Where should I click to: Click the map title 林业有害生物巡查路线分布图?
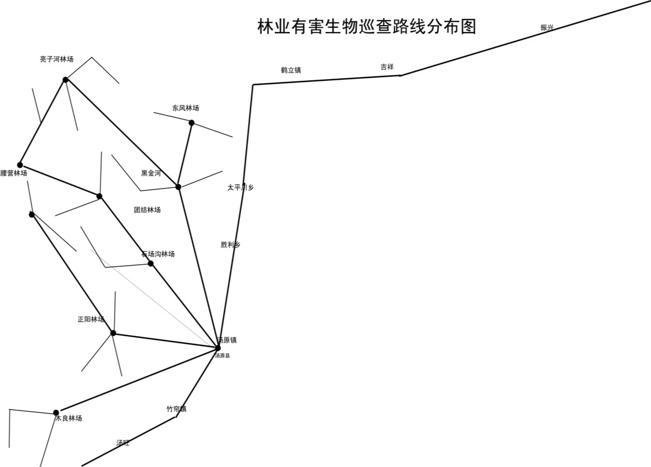pos(366,27)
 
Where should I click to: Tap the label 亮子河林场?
pos(56,59)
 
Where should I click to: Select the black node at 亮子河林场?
pos(65,79)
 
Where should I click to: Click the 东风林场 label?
pos(186,108)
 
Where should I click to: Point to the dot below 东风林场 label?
pos(191,123)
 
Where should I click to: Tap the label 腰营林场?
pos(14,174)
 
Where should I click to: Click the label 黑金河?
pos(151,174)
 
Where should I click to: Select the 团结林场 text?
pos(147,210)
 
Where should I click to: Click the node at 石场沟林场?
pos(151,264)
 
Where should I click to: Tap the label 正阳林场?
pos(91,319)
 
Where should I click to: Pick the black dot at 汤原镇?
pos(218,348)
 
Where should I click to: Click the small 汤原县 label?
pos(223,356)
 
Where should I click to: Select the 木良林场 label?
pos(69,419)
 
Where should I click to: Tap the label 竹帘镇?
pos(176,409)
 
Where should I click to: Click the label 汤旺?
pos(123,443)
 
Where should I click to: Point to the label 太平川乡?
pos(240,187)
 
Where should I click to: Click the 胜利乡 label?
pos(230,245)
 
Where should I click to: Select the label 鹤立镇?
pos(291,71)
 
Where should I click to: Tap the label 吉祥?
pos(387,67)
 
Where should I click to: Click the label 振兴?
pos(547,28)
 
